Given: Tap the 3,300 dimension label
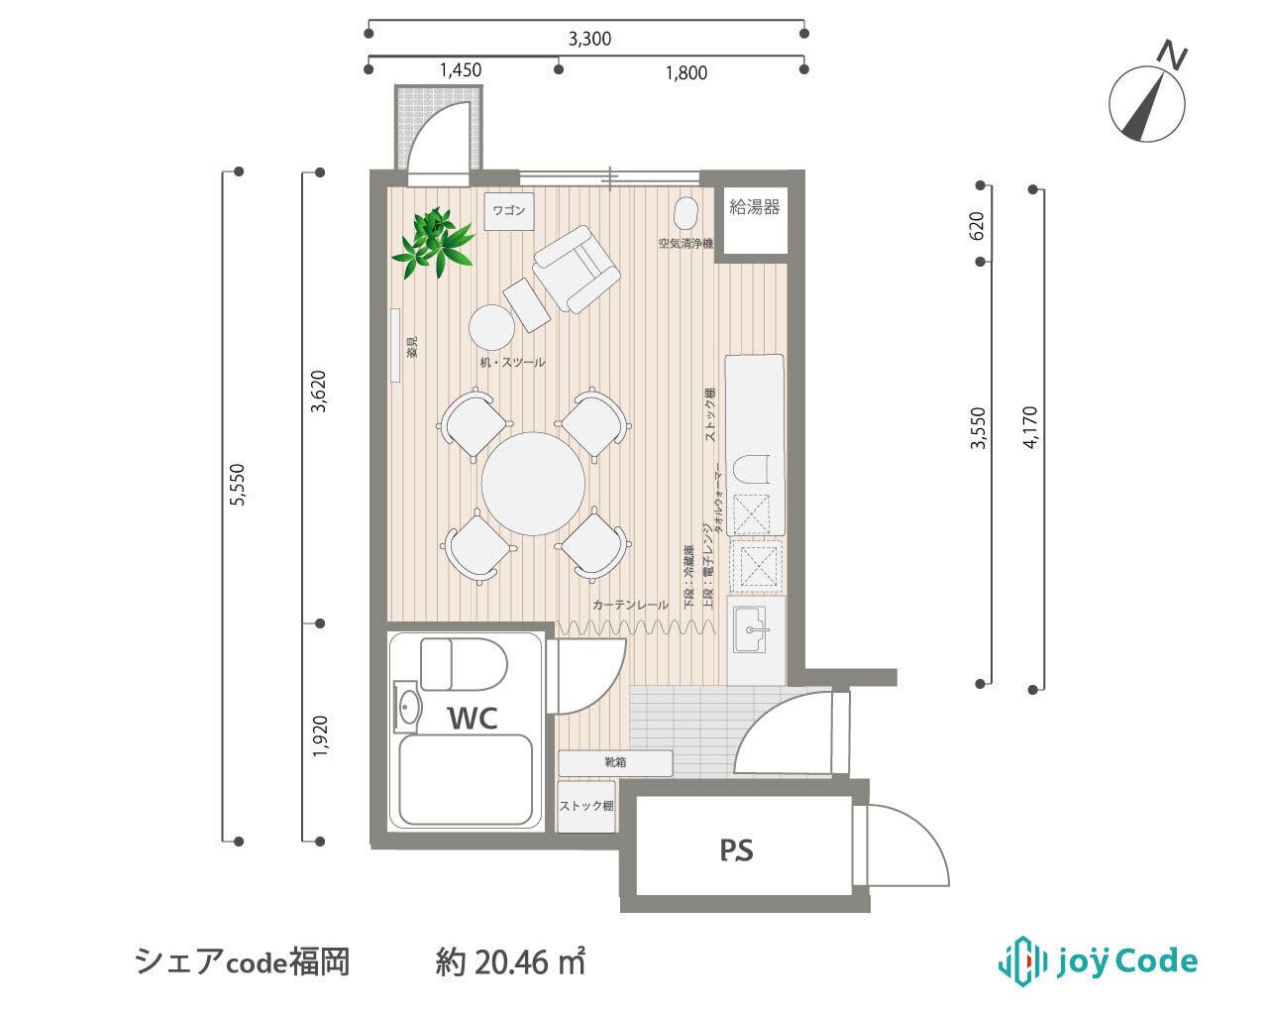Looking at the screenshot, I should [x=589, y=40].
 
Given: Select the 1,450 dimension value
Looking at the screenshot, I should [x=461, y=70].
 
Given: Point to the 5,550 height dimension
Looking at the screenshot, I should [x=235, y=486].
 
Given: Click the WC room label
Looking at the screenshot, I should [x=473, y=717].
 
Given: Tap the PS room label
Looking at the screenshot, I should [x=736, y=849].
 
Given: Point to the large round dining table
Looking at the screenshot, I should [x=534, y=483].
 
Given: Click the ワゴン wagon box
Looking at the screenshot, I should [x=509, y=211].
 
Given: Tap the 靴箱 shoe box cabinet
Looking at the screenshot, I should [x=615, y=763].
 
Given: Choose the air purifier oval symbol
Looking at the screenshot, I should [x=686, y=213].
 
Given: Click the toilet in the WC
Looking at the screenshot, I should [x=463, y=664].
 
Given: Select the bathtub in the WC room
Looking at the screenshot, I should [x=467, y=780].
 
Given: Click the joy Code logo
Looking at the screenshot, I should [x=1097, y=960].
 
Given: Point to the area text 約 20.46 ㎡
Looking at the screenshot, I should [x=510, y=961].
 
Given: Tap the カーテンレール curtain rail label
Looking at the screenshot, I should [x=630, y=604].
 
